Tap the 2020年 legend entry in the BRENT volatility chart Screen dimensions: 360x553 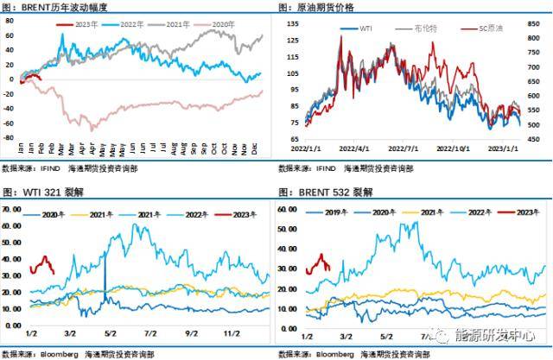click(222, 26)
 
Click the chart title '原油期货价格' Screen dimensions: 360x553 click(332, 7)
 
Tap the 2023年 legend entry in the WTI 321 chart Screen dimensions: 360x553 click(238, 212)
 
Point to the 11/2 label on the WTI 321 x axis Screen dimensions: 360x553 click(231, 332)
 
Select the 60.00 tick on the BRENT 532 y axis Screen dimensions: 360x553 click(288, 209)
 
